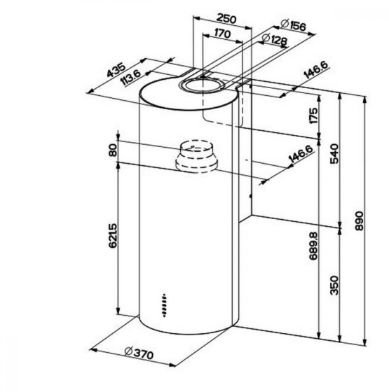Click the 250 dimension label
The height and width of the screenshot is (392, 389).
pyautogui.click(x=226, y=19)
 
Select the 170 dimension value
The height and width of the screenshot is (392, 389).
pyautogui.click(x=223, y=34)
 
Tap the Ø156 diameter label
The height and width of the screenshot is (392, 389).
pyautogui.click(x=293, y=25)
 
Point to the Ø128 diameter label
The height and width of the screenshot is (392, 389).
pyautogui.click(x=275, y=39)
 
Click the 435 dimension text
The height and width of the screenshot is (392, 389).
pyautogui.click(x=116, y=70)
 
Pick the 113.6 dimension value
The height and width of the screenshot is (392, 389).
pyautogui.click(x=130, y=77)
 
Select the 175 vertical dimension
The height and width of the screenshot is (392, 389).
pyautogui.click(x=313, y=115)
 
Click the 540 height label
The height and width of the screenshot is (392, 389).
pyautogui.click(x=334, y=154)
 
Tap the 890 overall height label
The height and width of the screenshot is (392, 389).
pyautogui.click(x=359, y=221)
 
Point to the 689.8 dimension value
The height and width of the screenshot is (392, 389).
pyautogui.click(x=313, y=246)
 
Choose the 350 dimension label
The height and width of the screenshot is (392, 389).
pyautogui.click(x=334, y=286)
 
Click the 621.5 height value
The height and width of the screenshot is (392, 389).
pyautogui.click(x=113, y=236)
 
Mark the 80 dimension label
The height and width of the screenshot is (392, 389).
pyautogui.click(x=113, y=150)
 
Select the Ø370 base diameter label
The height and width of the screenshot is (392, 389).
pyautogui.click(x=139, y=353)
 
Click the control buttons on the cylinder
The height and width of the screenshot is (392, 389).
pyautogui.click(x=164, y=305)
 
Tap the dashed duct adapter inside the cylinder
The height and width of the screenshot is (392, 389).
pyautogui.click(x=196, y=156)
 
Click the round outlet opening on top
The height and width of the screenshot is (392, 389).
pyautogui.click(x=202, y=85)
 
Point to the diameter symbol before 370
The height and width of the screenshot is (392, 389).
pyautogui.click(x=128, y=351)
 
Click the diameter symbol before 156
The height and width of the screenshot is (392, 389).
pyautogui.click(x=285, y=23)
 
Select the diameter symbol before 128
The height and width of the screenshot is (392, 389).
pyautogui.click(x=266, y=38)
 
